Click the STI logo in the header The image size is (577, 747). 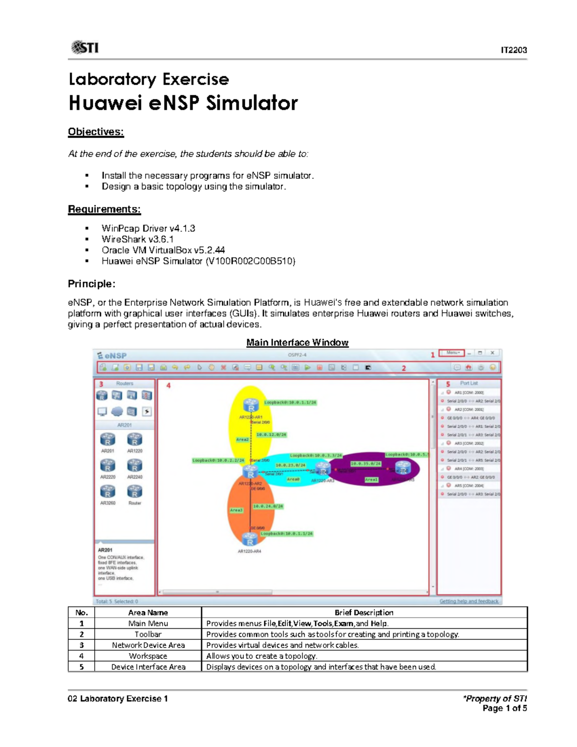[85, 47]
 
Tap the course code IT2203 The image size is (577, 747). [514, 50]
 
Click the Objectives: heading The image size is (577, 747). [96, 132]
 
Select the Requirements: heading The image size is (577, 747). [104, 209]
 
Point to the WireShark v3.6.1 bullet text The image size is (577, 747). [138, 239]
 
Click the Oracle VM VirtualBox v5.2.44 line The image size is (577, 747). [163, 250]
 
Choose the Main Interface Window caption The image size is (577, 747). [297, 342]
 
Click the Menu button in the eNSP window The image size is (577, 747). [452, 353]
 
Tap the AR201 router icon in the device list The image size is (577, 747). [108, 440]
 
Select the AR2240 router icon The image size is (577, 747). [135, 466]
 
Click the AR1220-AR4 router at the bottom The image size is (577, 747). [250, 540]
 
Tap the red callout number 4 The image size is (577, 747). [168, 385]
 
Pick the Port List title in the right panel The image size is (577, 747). [469, 383]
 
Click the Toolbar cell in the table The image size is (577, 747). [148, 634]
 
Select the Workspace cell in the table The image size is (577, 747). [148, 656]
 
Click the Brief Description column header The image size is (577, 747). [364, 613]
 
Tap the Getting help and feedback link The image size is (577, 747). [469, 601]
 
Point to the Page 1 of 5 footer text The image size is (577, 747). [504, 709]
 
